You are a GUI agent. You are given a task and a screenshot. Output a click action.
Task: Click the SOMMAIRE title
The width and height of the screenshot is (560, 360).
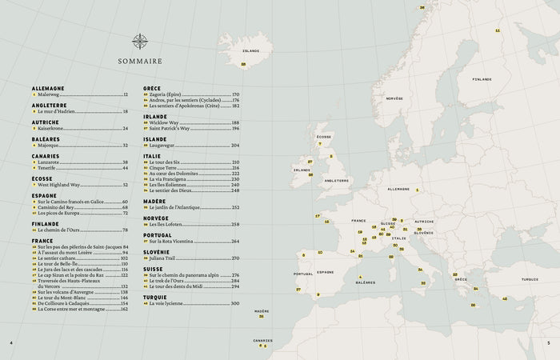pyautogui.click(x=140, y=61)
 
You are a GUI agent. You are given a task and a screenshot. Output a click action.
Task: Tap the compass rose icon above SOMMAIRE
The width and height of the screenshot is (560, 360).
pyautogui.click(x=140, y=41)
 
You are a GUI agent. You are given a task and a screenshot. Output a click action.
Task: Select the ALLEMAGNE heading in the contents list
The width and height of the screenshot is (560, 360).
pyautogui.click(x=48, y=88)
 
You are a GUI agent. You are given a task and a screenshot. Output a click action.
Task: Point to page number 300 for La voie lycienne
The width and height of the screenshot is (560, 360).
pyautogui.click(x=235, y=303)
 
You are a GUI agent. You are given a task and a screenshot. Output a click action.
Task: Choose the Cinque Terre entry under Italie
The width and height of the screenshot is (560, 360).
pyautogui.click(x=163, y=167)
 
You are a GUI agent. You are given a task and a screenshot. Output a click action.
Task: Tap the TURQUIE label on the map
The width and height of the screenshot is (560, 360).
pyautogui.click(x=529, y=280)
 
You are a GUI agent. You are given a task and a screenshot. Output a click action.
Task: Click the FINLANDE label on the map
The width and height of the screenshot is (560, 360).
pyautogui.click(x=482, y=79)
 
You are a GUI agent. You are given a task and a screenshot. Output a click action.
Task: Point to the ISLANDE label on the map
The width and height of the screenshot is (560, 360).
pyautogui.click(x=251, y=50)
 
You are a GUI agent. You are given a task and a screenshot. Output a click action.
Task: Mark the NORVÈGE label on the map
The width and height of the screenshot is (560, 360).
pyautogui.click(x=394, y=98)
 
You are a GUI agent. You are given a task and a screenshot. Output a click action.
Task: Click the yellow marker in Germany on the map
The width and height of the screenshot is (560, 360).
pyautogui.click(x=417, y=190)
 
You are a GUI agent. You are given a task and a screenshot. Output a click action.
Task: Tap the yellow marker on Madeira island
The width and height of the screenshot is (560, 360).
pyautogui.click(x=261, y=316)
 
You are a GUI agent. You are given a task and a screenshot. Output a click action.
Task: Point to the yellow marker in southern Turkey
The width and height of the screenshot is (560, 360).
pyautogui.click(x=504, y=298)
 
